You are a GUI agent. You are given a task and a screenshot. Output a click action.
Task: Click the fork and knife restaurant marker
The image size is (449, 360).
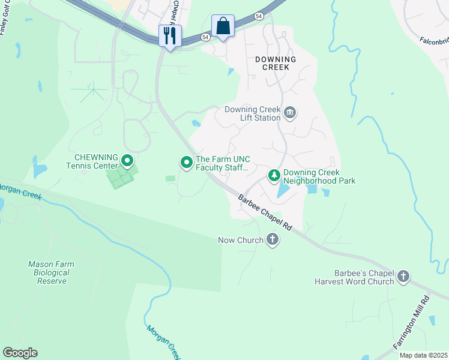(x=170, y=35)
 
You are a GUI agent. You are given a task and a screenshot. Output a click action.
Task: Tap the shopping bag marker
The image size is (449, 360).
(x=223, y=26)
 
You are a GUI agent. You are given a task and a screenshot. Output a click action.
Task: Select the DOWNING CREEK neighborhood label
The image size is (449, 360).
(x=276, y=63)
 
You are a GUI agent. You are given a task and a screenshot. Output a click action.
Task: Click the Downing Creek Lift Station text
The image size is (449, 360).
(x=252, y=113)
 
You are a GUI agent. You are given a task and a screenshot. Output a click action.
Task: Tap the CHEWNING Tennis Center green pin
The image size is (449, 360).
(x=127, y=161)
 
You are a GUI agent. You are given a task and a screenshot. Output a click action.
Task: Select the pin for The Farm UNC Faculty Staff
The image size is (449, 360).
(x=187, y=162)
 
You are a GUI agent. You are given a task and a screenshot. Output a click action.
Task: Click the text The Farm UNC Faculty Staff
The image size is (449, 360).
(x=222, y=163)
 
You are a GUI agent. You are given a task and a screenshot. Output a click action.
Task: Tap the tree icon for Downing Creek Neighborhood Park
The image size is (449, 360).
(x=274, y=176)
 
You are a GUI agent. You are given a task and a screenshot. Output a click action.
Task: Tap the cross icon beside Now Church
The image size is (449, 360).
(x=273, y=240)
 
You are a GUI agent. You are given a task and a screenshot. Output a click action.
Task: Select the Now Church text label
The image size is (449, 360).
(x=240, y=240)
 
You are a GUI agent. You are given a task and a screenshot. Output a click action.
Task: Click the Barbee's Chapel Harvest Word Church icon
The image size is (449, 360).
(x=403, y=277)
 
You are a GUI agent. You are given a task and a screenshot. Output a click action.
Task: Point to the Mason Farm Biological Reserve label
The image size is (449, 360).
(x=49, y=272)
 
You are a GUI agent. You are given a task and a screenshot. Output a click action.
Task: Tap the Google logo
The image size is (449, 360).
(x=20, y=353)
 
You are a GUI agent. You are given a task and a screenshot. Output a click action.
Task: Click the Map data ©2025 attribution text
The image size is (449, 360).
(x=423, y=355)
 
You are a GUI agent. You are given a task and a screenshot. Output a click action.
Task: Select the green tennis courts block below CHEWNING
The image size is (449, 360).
(x=121, y=176)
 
